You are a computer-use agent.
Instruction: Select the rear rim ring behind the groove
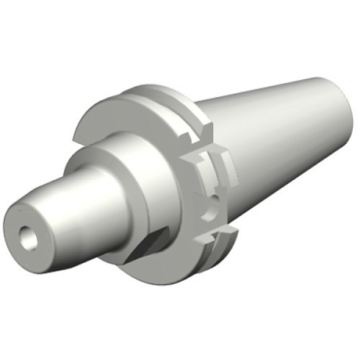pos(176,99)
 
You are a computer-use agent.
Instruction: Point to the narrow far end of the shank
pos(334,110)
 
